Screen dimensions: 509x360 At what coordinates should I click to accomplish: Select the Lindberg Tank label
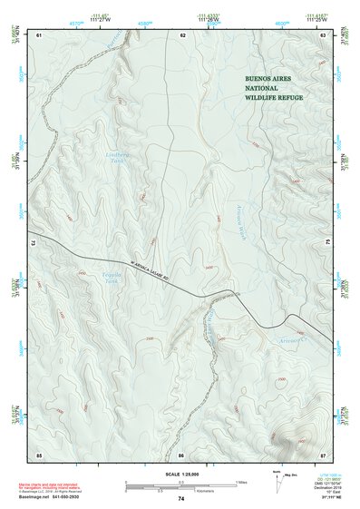[93, 158]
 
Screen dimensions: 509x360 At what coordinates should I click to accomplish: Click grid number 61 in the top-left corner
[39, 34]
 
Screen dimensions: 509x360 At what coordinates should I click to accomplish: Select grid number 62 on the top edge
[182, 34]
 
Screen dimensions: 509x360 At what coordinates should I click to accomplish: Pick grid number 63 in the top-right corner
[324, 34]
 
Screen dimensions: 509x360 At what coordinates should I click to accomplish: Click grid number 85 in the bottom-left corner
[39, 454]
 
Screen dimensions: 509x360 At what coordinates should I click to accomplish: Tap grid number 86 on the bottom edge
[181, 454]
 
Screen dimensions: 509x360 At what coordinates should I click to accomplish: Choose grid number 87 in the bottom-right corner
[324, 454]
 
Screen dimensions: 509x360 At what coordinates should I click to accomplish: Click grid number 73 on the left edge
[33, 243]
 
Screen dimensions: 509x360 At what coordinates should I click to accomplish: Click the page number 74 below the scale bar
[181, 498]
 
